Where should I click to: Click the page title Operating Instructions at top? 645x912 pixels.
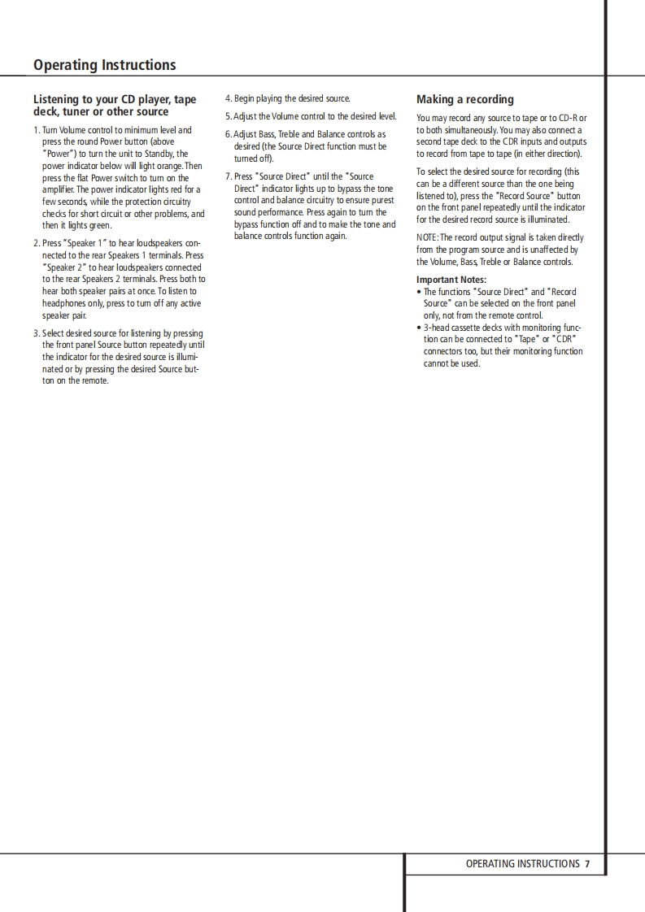tap(104, 65)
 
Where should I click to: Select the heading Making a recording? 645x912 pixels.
tap(464, 99)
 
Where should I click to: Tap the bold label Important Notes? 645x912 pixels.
tap(451, 280)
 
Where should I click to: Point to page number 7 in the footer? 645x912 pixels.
tap(586, 864)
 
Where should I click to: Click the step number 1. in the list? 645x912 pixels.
tap(37, 130)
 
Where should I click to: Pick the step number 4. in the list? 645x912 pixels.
tap(229, 99)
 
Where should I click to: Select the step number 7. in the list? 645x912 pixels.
tap(229, 176)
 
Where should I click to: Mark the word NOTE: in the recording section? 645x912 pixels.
tap(428, 238)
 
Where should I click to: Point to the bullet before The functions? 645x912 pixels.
tap(419, 292)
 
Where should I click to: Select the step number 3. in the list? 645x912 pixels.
tap(37, 333)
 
